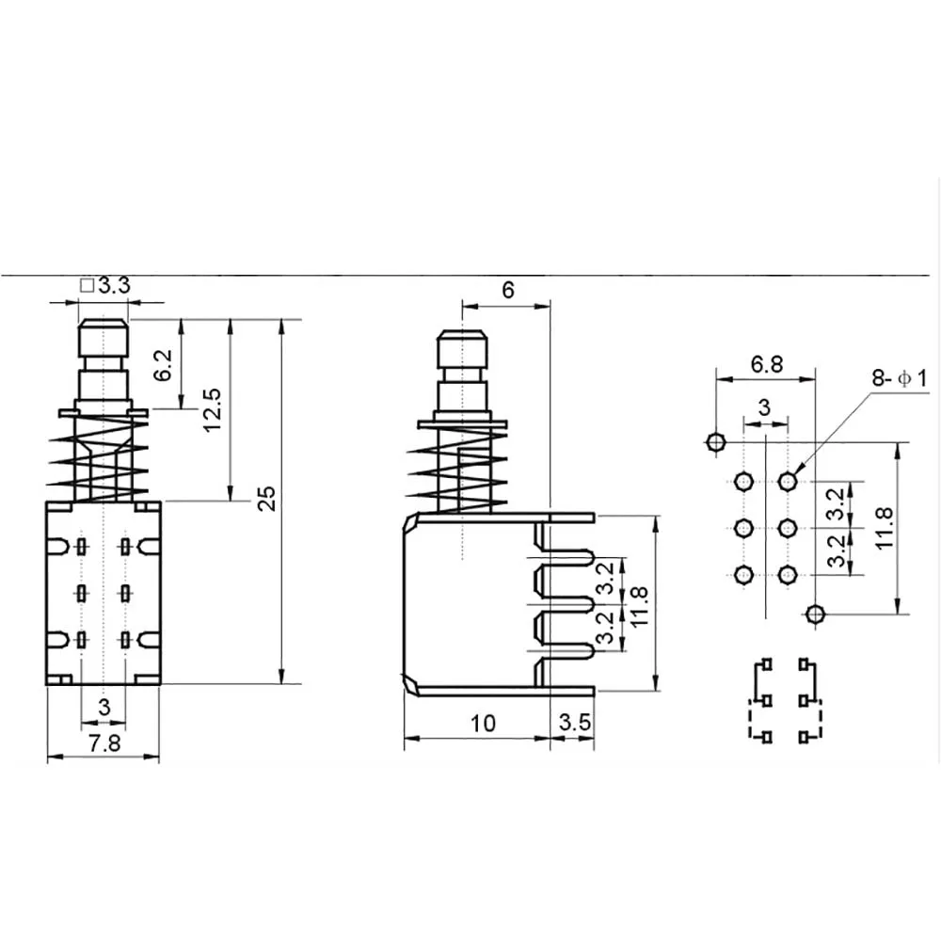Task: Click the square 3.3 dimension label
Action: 105,286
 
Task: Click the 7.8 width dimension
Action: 104,743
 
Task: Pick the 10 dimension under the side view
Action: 483,723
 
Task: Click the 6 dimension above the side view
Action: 508,290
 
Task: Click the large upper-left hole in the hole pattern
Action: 715,440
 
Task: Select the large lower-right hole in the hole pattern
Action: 815,614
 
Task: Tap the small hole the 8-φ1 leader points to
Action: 787,482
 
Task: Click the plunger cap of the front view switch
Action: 104,336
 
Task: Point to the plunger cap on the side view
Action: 461,350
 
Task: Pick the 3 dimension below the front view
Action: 104,706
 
